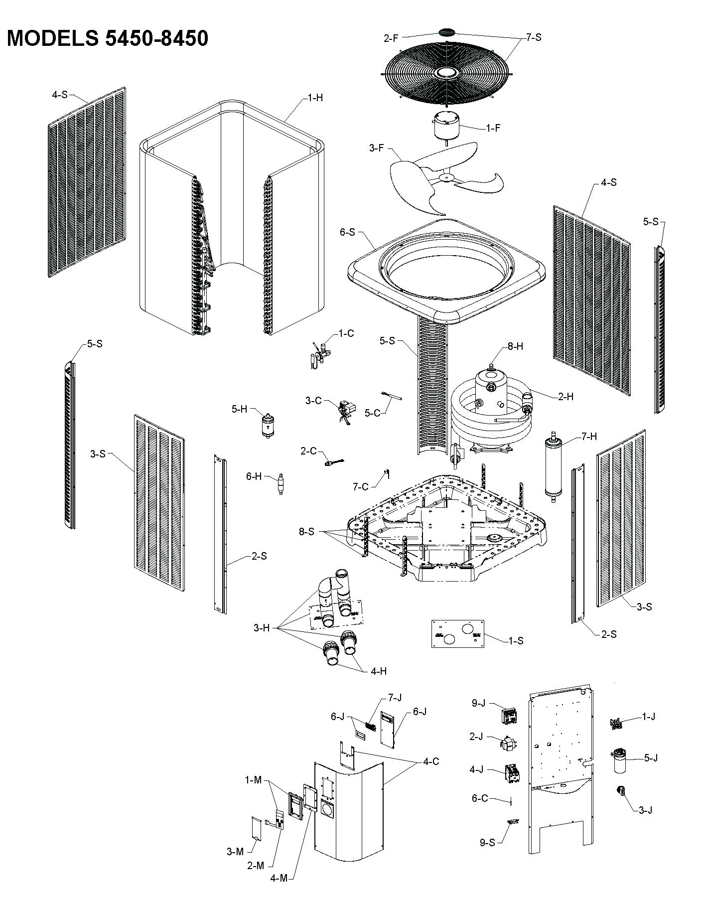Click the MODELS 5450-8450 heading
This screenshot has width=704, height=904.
pyautogui.click(x=107, y=38)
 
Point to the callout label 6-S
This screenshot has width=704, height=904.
pyautogui.click(x=348, y=232)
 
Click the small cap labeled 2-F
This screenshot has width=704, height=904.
pyautogui.click(x=446, y=32)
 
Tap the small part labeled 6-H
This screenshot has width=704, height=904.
pyautogui.click(x=281, y=483)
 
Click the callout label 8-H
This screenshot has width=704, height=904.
pyautogui.click(x=516, y=346)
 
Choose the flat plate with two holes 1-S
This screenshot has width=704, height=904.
pyautogui.click(x=457, y=634)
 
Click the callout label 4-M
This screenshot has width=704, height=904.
pyautogui.click(x=280, y=892)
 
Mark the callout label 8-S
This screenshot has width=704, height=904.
pyautogui.click(x=306, y=532)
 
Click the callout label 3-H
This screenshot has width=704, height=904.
pyautogui.click(x=261, y=628)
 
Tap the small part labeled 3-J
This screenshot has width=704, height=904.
pyautogui.click(x=621, y=790)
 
